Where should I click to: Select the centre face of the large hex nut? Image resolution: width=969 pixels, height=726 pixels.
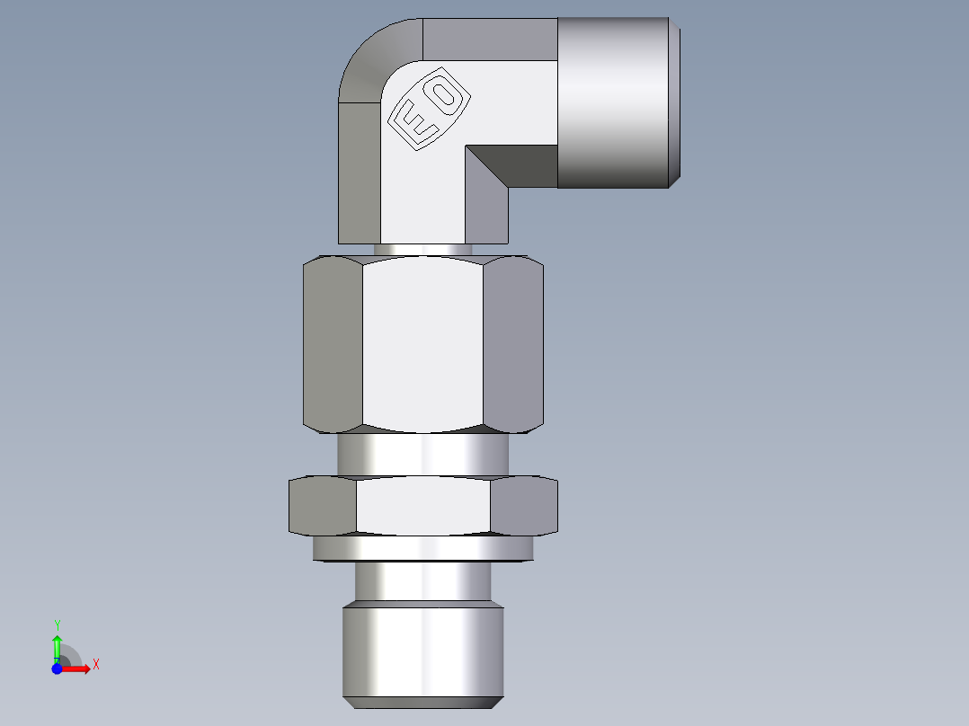click(422, 343)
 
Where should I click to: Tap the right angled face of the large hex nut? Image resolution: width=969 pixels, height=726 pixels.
click(513, 343)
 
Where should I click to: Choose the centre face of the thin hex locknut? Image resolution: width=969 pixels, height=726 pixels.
click(422, 506)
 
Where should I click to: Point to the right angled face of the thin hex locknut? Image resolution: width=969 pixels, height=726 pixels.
click(524, 506)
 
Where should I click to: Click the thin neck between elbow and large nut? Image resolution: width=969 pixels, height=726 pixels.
click(422, 249)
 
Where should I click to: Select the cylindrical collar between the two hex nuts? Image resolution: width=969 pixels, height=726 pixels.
click(422, 455)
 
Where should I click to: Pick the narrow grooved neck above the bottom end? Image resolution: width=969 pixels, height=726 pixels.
click(422, 581)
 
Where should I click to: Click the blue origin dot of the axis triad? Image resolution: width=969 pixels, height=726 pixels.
click(57, 668)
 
